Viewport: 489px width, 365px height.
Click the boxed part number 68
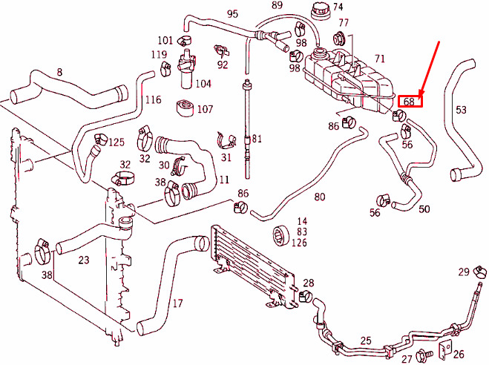(x=409, y=102)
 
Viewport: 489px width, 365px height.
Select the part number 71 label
(x=379, y=59)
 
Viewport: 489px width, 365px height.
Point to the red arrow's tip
(x=419, y=96)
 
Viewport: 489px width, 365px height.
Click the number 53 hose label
(x=461, y=110)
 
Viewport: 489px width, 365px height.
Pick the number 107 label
(x=205, y=109)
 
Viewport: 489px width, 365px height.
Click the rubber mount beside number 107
(x=185, y=108)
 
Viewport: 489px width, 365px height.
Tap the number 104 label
(x=203, y=84)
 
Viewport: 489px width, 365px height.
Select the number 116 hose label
(x=154, y=99)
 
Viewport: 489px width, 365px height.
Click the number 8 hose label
(x=59, y=72)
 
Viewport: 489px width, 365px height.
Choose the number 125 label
(x=116, y=142)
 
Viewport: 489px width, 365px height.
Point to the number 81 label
(x=257, y=139)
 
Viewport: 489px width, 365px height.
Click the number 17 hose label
(x=177, y=303)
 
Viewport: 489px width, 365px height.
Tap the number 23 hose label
(x=84, y=260)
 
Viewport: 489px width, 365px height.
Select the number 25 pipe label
(x=366, y=341)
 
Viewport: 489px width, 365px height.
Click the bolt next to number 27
(x=424, y=353)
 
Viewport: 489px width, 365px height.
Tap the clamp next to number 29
(x=480, y=272)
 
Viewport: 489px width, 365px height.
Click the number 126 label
(x=299, y=242)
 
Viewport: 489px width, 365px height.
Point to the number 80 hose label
(x=320, y=197)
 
